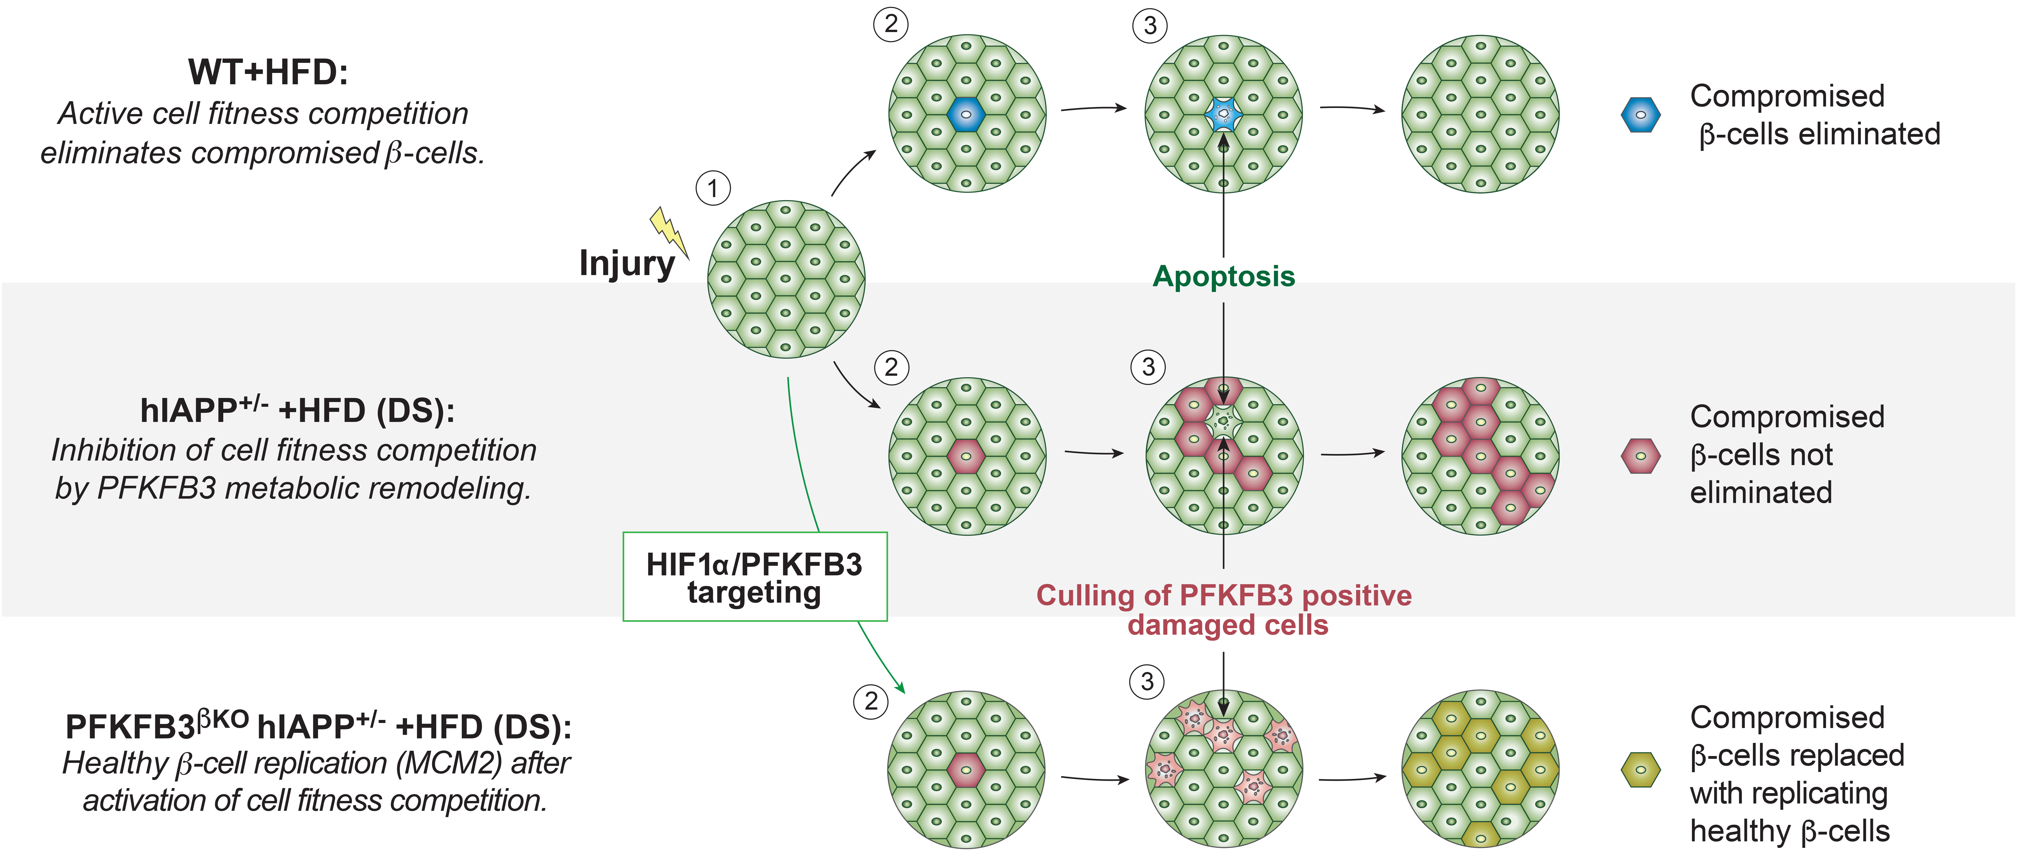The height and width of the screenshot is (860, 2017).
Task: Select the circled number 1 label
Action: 713,189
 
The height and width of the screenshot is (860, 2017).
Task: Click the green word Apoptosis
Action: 1224,277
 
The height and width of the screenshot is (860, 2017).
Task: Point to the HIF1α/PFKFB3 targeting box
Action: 755,577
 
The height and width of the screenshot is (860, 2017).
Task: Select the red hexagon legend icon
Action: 1640,456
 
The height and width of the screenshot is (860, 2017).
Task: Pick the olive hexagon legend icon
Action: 1640,770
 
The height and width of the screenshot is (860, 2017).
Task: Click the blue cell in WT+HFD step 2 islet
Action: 966,114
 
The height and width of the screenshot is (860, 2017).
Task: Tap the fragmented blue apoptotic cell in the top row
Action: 1223,114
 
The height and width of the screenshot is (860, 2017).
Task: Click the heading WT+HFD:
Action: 268,72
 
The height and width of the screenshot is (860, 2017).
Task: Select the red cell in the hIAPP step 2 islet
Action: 966,456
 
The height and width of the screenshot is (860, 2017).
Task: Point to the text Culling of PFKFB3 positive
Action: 1224,595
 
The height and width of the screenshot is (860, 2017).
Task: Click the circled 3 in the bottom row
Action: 1147,681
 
